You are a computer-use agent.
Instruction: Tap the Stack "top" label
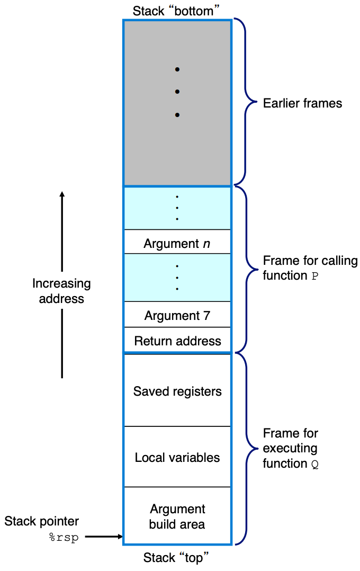tap(177, 557)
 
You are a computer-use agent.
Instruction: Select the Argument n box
tap(177, 242)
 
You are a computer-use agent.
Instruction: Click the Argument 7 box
tap(177, 315)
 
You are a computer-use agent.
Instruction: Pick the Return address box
tap(177, 341)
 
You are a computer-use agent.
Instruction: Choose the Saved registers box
tap(177, 391)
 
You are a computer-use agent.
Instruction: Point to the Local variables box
tap(177, 457)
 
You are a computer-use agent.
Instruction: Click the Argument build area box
tap(177, 516)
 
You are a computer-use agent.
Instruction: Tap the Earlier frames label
tap(302, 103)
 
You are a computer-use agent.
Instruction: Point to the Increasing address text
tap(61, 291)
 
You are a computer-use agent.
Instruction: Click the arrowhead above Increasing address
tap(62, 194)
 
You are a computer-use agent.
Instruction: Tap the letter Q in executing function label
tap(315, 464)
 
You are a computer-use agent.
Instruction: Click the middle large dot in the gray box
tap(177, 92)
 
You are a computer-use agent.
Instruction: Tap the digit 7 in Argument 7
tap(206, 316)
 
